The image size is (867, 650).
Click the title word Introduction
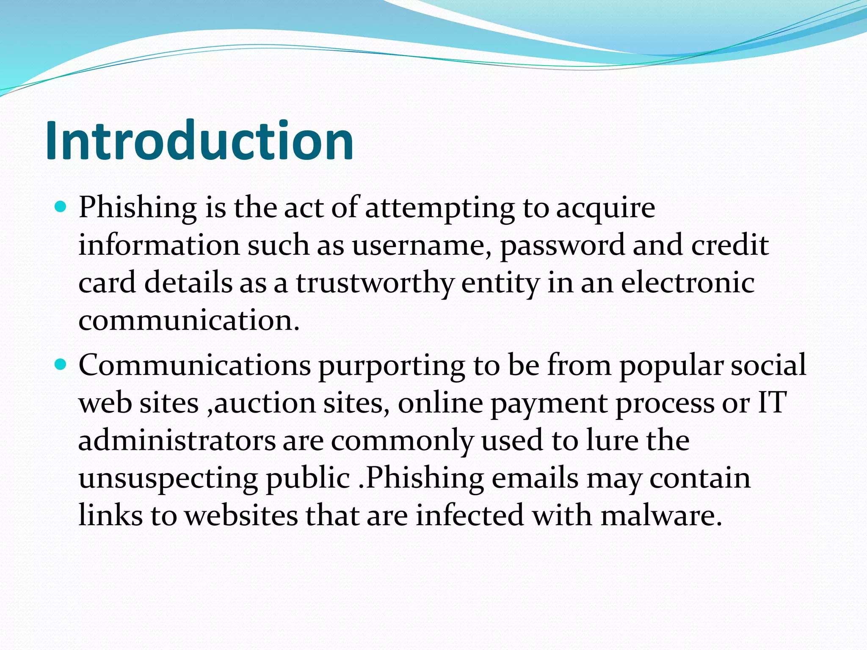[199, 140]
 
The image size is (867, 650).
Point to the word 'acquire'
[605, 208]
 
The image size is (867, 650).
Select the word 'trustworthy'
[375, 283]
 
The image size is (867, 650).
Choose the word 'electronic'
[688, 283]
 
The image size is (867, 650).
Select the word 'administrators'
[177, 440]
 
